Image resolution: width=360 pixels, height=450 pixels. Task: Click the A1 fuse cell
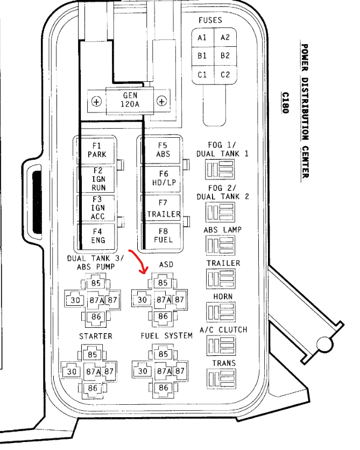click(x=202, y=38)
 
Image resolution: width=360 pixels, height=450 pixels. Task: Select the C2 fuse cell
click(x=225, y=75)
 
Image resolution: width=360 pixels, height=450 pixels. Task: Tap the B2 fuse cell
click(x=225, y=56)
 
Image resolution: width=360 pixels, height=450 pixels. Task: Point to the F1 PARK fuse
click(x=97, y=150)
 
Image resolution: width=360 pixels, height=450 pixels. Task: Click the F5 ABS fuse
click(x=163, y=150)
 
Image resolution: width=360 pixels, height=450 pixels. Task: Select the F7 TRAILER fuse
click(x=163, y=208)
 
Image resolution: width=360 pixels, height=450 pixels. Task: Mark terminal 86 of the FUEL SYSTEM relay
click(x=163, y=388)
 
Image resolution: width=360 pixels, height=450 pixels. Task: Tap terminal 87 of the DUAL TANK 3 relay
click(x=112, y=300)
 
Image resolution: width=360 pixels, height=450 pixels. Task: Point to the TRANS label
click(x=223, y=363)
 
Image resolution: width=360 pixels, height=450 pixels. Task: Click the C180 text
click(x=285, y=102)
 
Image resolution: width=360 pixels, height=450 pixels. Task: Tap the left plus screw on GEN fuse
click(x=97, y=101)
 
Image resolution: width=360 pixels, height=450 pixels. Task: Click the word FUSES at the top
click(x=210, y=20)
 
